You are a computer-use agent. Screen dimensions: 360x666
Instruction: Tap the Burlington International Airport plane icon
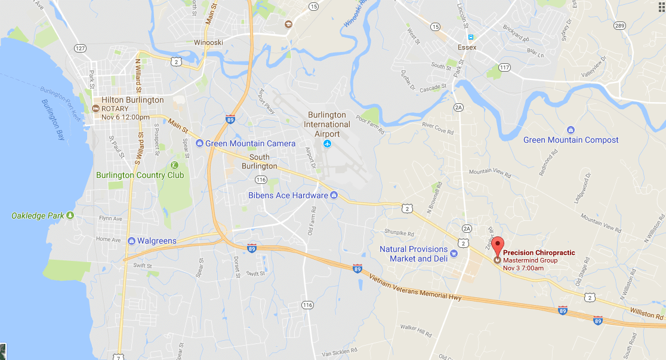click(327, 144)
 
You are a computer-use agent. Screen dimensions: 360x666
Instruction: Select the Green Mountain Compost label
click(571, 140)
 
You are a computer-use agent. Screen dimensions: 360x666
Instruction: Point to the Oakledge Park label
click(37, 215)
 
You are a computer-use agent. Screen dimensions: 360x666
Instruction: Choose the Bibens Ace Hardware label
click(288, 195)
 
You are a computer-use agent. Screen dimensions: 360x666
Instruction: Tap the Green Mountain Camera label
click(250, 143)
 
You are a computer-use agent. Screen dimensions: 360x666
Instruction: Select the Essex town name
click(467, 47)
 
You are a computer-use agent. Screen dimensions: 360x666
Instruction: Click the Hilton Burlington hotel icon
click(95, 109)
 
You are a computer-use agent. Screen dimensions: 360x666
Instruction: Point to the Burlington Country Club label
click(140, 175)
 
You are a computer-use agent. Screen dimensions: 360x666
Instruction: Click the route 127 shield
click(80, 47)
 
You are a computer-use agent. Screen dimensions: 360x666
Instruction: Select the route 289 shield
click(619, 25)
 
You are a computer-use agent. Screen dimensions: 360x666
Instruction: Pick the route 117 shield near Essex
click(505, 67)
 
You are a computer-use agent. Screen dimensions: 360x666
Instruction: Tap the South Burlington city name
click(260, 162)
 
